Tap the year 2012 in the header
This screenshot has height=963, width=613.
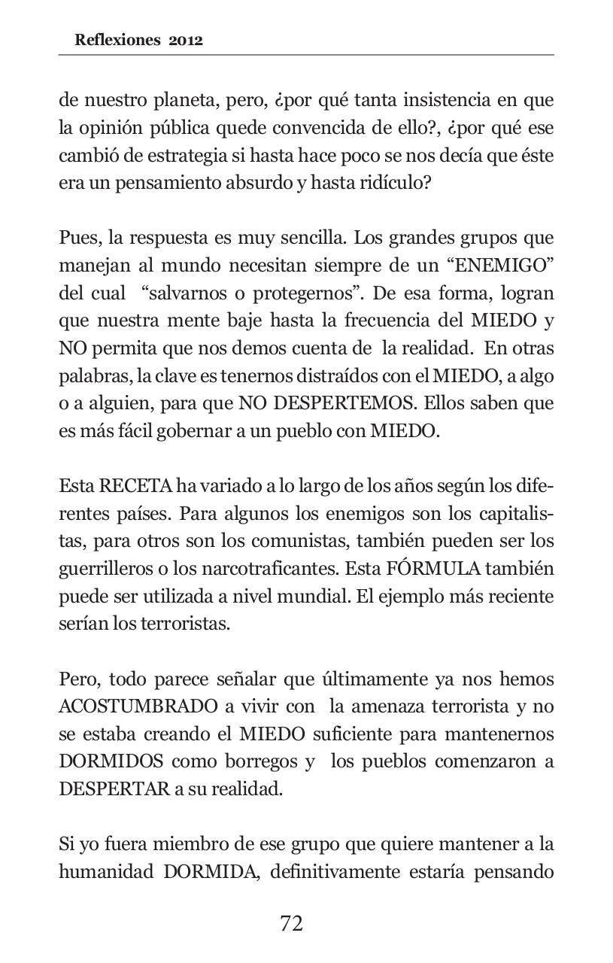point(186,41)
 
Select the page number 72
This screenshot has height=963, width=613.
point(291,923)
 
